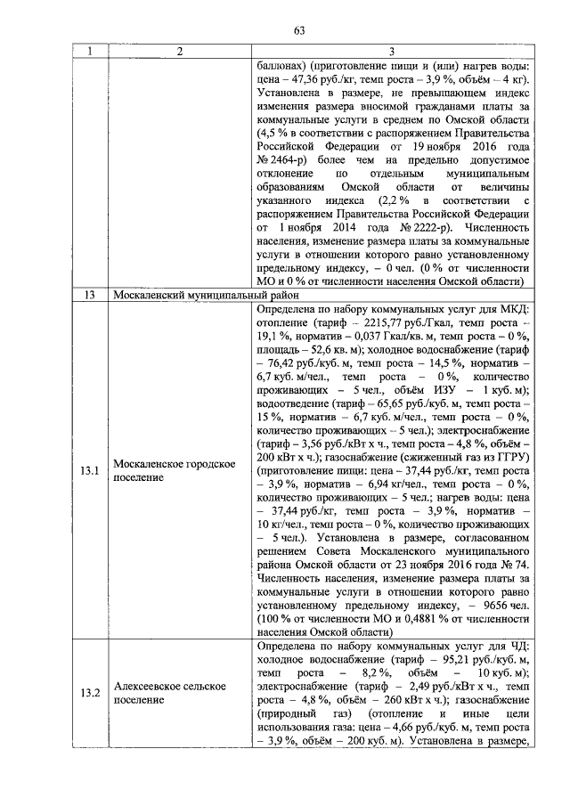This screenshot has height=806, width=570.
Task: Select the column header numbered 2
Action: pyautogui.click(x=179, y=53)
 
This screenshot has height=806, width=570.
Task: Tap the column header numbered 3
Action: pyautogui.click(x=391, y=53)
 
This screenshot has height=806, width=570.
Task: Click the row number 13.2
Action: pyautogui.click(x=90, y=693)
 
